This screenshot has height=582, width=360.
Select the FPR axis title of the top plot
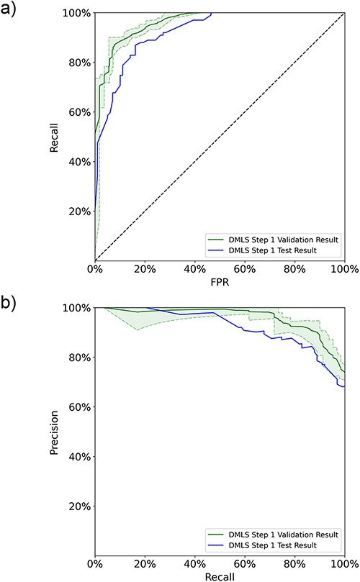(220, 283)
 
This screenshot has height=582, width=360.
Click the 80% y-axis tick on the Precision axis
(78, 358)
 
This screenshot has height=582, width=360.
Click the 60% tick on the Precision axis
(78, 407)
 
